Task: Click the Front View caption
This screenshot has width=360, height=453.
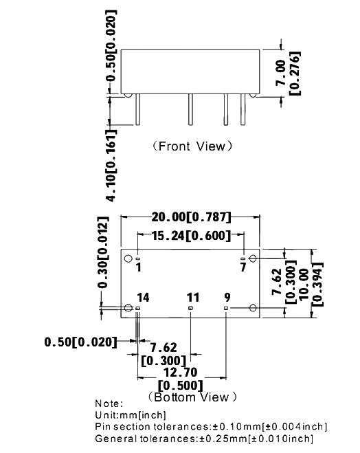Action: point(192,146)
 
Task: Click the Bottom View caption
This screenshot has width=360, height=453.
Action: point(192,397)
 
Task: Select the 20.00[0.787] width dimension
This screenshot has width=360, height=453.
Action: point(192,217)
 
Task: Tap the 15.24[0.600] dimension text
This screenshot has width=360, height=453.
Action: point(192,236)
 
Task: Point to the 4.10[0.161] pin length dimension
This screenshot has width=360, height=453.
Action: point(111,165)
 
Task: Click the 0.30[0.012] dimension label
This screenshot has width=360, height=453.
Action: point(103,252)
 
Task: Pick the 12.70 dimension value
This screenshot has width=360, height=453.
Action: point(181,373)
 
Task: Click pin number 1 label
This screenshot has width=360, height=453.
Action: point(139,267)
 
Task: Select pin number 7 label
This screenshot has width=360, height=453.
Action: point(243,267)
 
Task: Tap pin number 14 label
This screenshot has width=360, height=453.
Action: point(143,298)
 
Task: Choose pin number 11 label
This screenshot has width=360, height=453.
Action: point(193,298)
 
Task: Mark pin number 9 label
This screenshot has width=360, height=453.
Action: point(227,297)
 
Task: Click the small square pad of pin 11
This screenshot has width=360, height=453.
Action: point(190,308)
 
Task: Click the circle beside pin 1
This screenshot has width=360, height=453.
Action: point(128,258)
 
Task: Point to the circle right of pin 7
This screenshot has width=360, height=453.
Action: point(253,258)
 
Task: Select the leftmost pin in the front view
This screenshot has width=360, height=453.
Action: point(137,109)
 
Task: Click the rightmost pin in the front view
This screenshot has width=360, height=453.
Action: point(243,109)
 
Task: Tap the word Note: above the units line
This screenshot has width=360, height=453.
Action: point(109,404)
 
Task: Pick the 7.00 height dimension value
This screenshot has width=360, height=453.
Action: point(280,73)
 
